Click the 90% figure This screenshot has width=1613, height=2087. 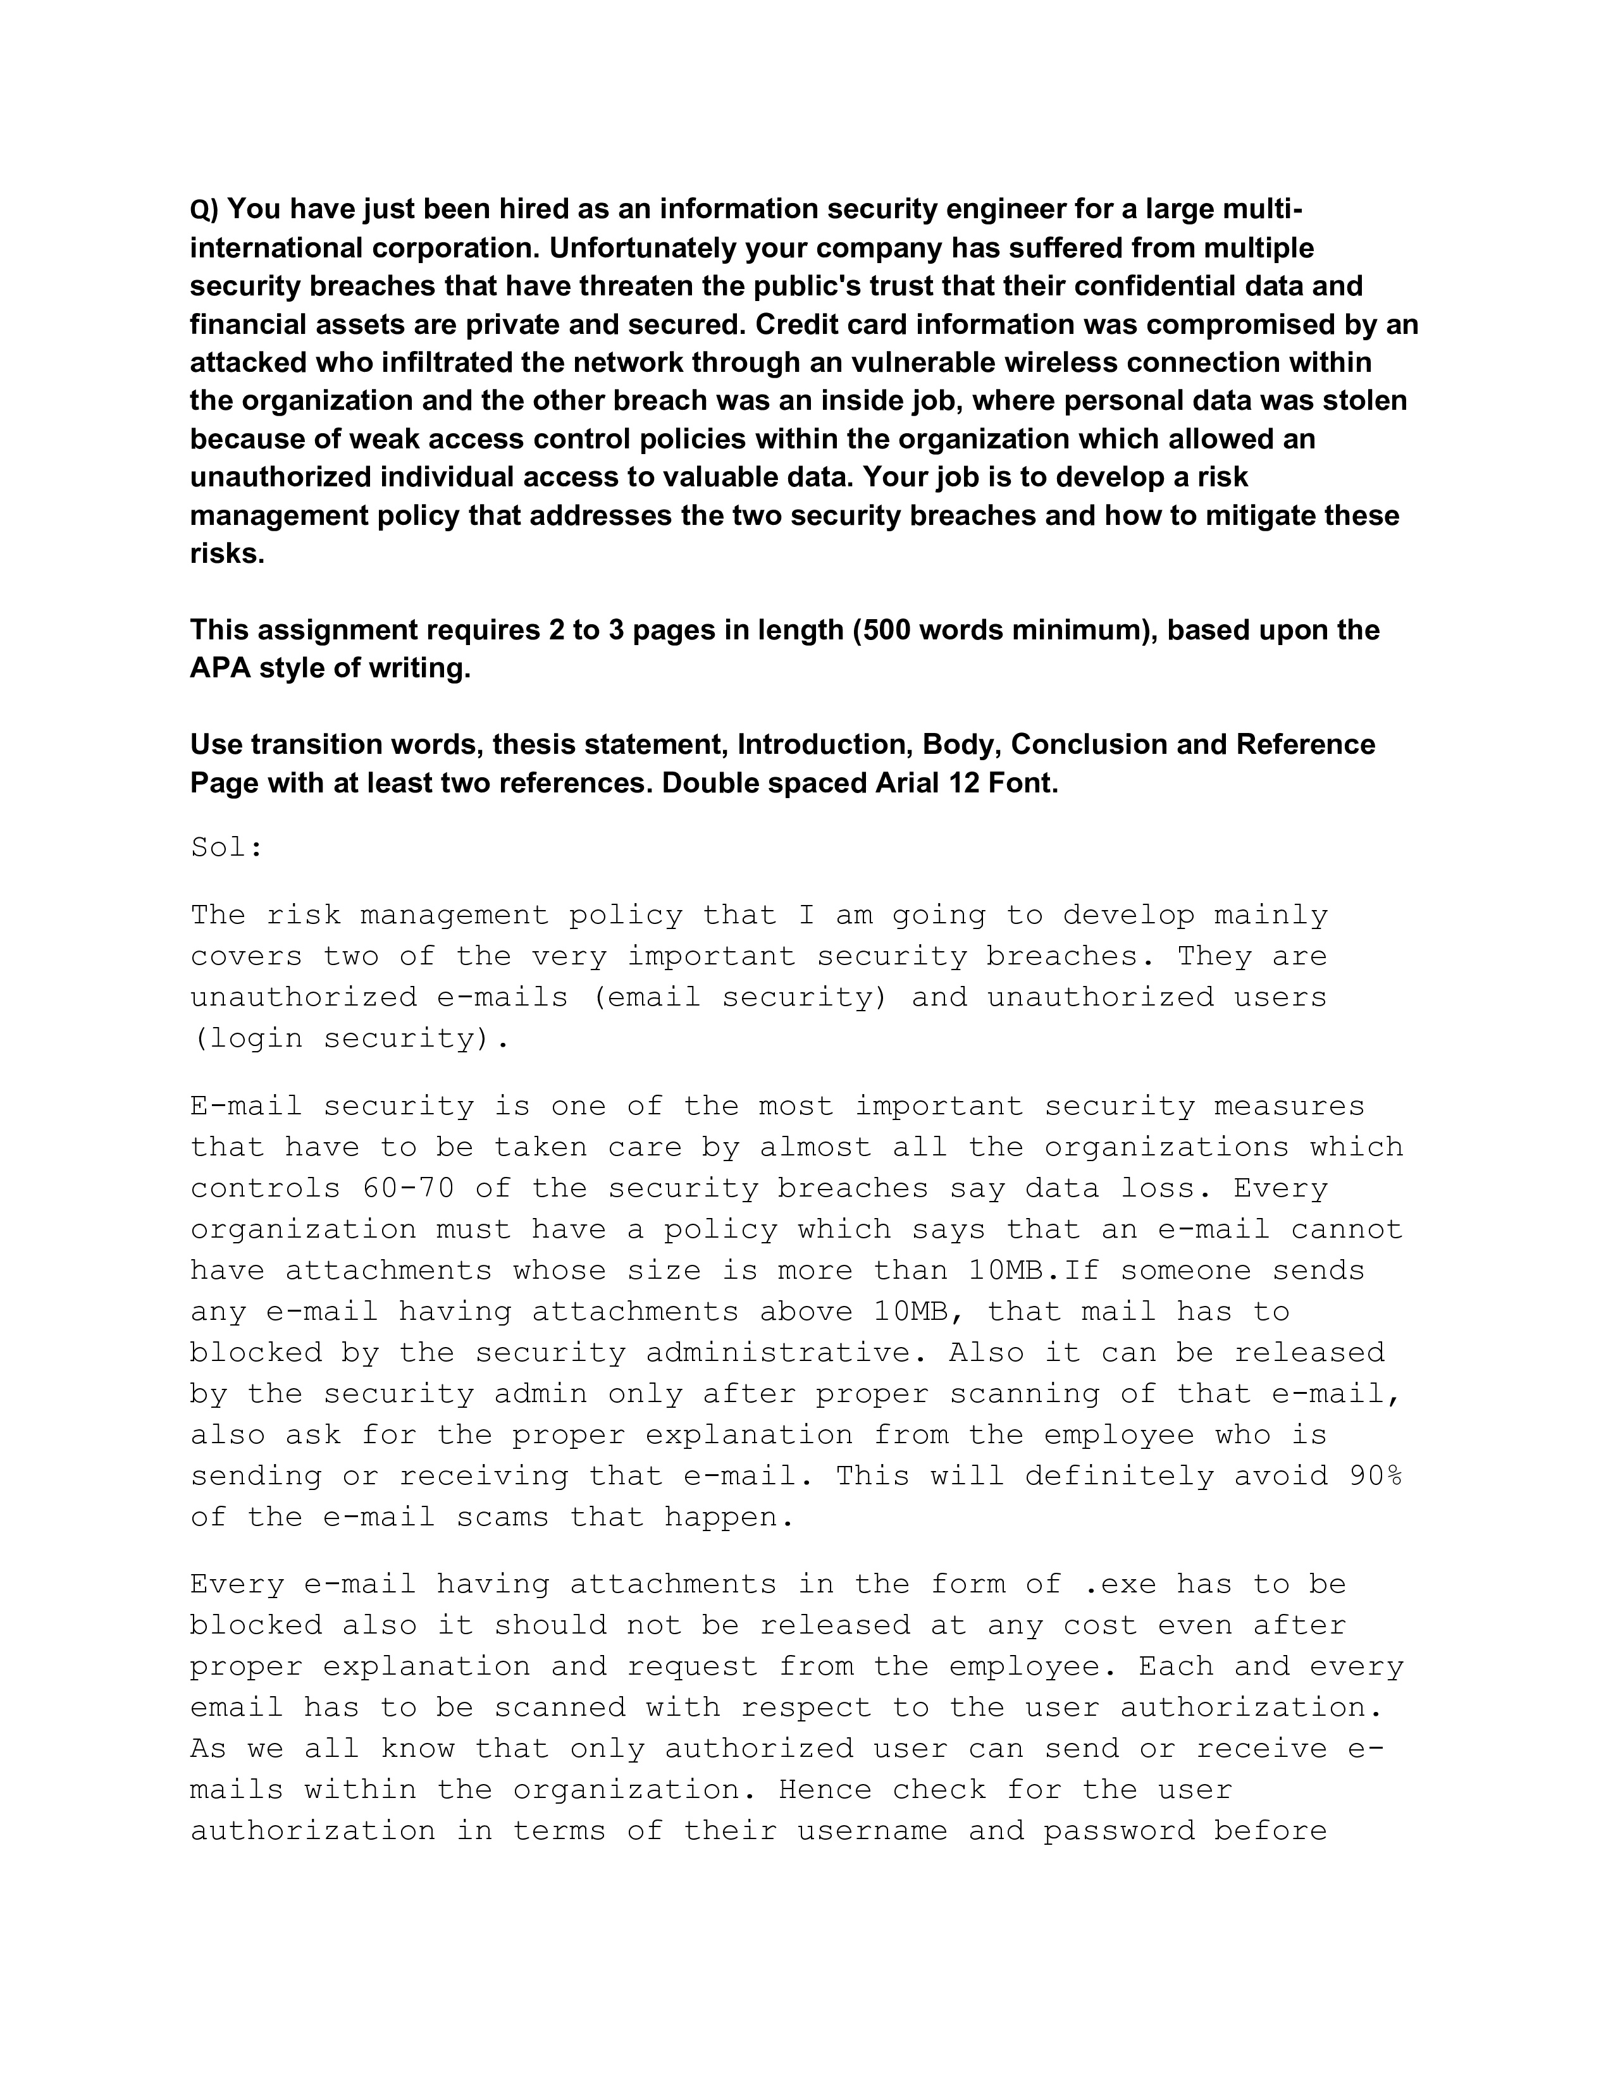tap(1374, 1475)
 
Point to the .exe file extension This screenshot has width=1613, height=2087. tap(1120, 1584)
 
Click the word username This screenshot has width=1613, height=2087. tap(872, 1830)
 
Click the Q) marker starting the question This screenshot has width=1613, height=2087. tap(204, 210)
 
